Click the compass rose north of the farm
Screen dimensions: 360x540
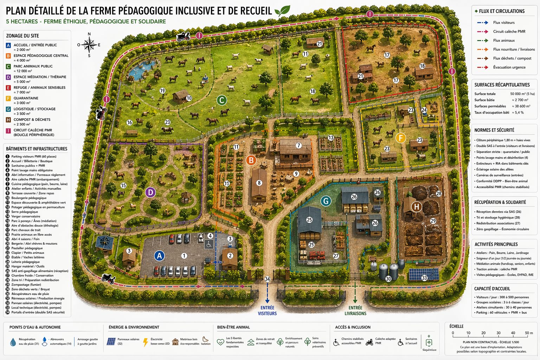[x=89, y=45]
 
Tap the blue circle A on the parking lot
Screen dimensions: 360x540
[x=159, y=256]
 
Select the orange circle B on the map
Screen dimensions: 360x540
[x=251, y=160]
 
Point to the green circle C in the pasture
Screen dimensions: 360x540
[x=221, y=101]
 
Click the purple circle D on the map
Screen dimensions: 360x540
[x=150, y=192]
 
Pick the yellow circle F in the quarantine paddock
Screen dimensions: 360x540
[x=400, y=137]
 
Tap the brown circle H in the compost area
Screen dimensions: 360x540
[x=417, y=206]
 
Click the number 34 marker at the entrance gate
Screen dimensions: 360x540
[x=267, y=279]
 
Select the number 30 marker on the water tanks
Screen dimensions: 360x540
[x=388, y=279]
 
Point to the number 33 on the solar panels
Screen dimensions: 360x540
[x=424, y=278]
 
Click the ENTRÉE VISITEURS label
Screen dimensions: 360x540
[x=267, y=310]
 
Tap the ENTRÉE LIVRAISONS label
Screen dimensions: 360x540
[x=355, y=310]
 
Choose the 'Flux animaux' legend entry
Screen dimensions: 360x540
[x=503, y=40]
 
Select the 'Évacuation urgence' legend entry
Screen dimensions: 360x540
[x=509, y=67]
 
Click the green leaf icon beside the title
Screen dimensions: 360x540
[x=282, y=11]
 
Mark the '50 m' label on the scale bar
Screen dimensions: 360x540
[x=529, y=333]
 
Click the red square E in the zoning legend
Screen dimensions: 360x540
[x=8, y=88]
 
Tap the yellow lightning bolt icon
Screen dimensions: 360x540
[x=145, y=342]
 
